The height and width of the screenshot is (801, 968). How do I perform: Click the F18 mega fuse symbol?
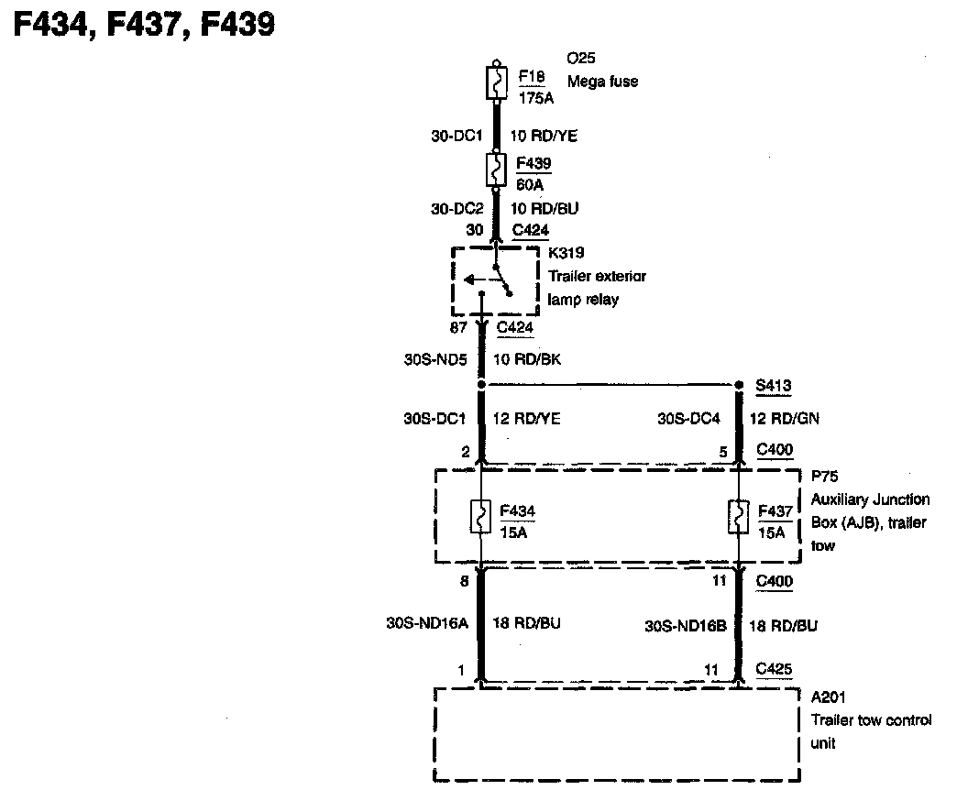pyautogui.click(x=495, y=83)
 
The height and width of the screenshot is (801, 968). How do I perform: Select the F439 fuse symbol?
pyautogui.click(x=495, y=170)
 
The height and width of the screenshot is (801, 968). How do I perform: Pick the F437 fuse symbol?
pyautogui.click(x=739, y=517)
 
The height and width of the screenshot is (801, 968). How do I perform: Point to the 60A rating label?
pyautogui.click(x=531, y=183)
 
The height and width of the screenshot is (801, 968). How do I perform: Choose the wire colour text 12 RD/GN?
pyautogui.click(x=785, y=419)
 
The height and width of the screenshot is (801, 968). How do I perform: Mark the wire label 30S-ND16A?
pyautogui.click(x=428, y=623)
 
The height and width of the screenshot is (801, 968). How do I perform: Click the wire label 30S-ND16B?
pyautogui.click(x=686, y=626)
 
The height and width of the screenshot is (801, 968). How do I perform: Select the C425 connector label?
pyautogui.click(x=775, y=670)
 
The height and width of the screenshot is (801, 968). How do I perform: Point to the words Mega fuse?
pyautogui.click(x=603, y=82)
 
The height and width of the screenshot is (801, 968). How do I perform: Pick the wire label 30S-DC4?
pyautogui.click(x=689, y=419)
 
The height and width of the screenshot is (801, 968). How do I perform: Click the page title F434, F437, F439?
pyautogui.click(x=143, y=25)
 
